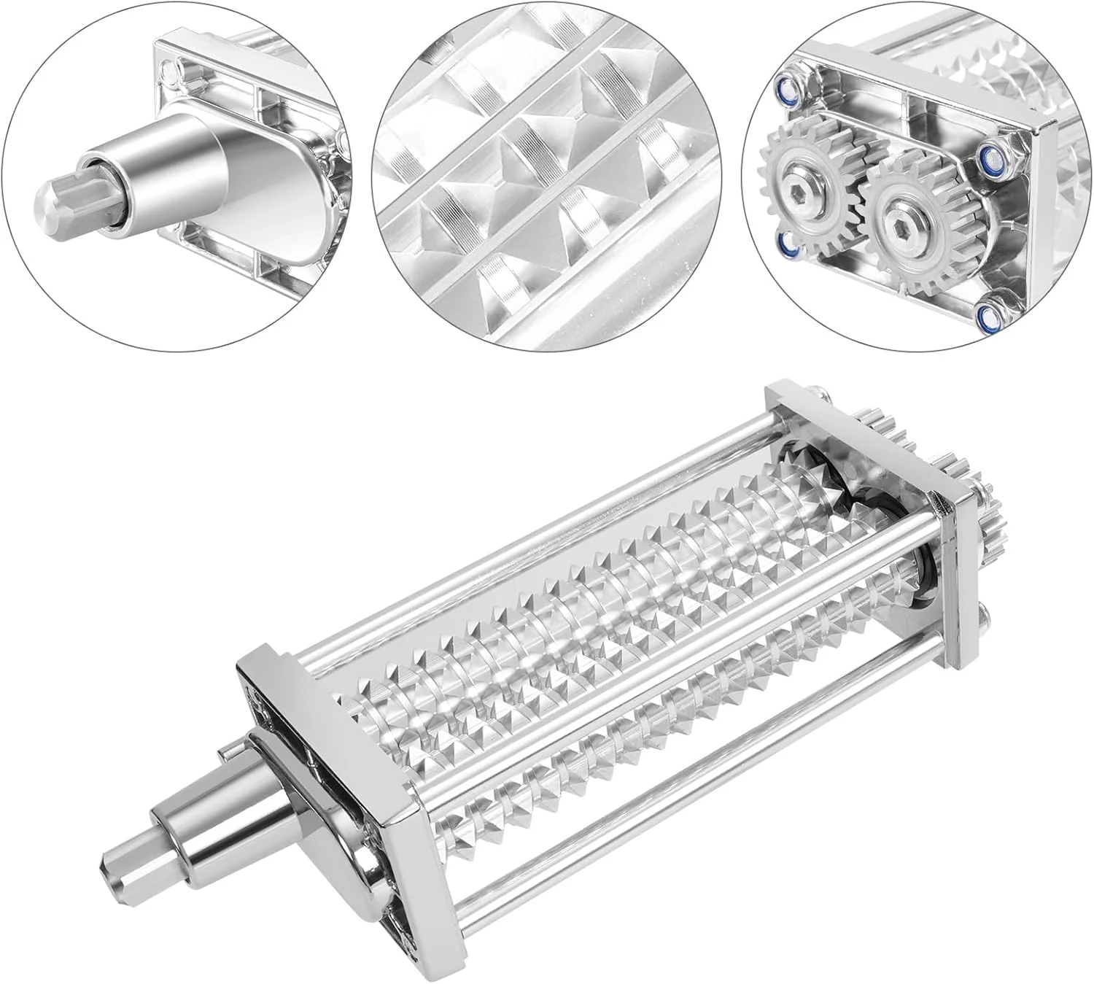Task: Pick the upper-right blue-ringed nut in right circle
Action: [990, 154]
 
